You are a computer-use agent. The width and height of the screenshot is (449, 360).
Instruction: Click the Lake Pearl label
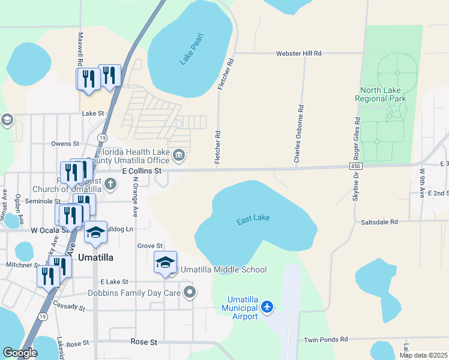click(192, 49)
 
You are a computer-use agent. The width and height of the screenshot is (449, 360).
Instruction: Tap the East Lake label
click(253, 220)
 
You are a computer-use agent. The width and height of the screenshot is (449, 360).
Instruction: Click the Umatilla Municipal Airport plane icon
click(267, 308)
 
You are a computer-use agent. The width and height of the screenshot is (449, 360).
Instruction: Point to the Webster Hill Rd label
click(298, 53)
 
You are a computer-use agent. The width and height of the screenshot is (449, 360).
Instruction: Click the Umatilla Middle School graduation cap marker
click(165, 262)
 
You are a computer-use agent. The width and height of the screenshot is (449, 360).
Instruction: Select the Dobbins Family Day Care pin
click(190, 293)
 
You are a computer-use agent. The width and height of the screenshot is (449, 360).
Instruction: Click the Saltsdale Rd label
click(379, 222)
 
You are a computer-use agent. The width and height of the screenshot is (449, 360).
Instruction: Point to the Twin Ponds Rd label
click(326, 340)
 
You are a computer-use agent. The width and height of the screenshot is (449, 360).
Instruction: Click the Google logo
click(19, 353)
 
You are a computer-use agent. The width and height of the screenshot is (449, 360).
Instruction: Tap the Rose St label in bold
click(143, 342)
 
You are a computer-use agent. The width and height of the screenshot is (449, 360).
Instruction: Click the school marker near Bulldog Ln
click(95, 232)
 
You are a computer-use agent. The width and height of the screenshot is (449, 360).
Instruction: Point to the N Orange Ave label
click(136, 196)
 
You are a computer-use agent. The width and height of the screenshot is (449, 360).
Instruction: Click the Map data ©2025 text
click(424, 355)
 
